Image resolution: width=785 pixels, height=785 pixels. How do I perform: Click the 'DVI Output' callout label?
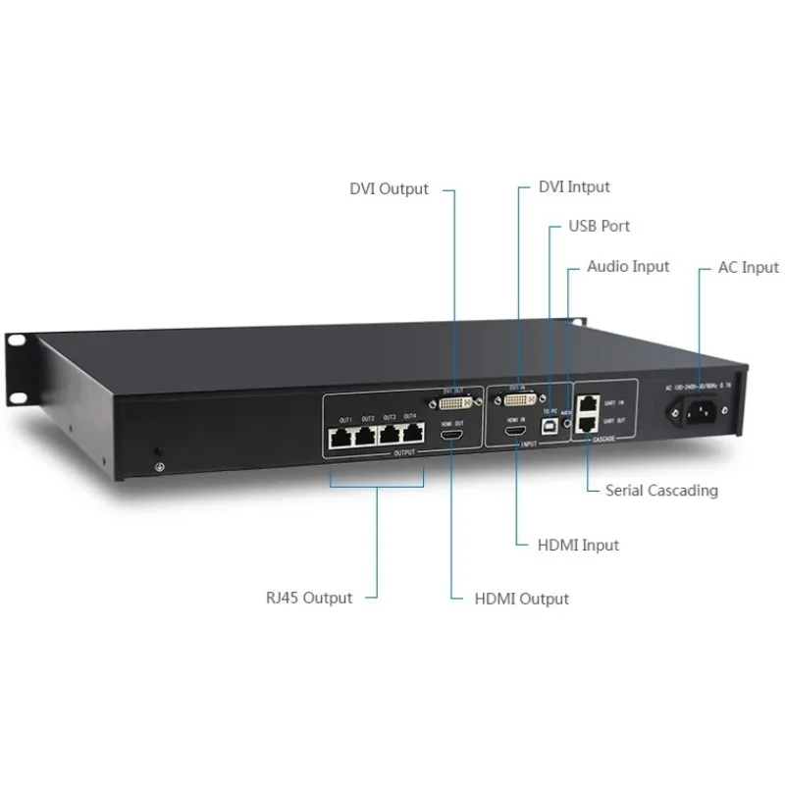[x=390, y=188]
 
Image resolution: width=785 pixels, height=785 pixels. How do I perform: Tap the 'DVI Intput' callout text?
[x=574, y=186]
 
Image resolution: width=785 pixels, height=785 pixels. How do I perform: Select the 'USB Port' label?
[x=600, y=226]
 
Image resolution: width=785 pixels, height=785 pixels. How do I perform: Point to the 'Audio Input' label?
[x=628, y=266]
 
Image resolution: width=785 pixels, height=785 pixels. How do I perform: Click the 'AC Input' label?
[x=747, y=267]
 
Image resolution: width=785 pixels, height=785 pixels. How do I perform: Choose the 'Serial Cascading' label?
[x=661, y=490]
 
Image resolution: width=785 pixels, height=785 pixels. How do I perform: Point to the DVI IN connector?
[x=518, y=399]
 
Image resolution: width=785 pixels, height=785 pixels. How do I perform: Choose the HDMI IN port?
[x=516, y=432]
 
